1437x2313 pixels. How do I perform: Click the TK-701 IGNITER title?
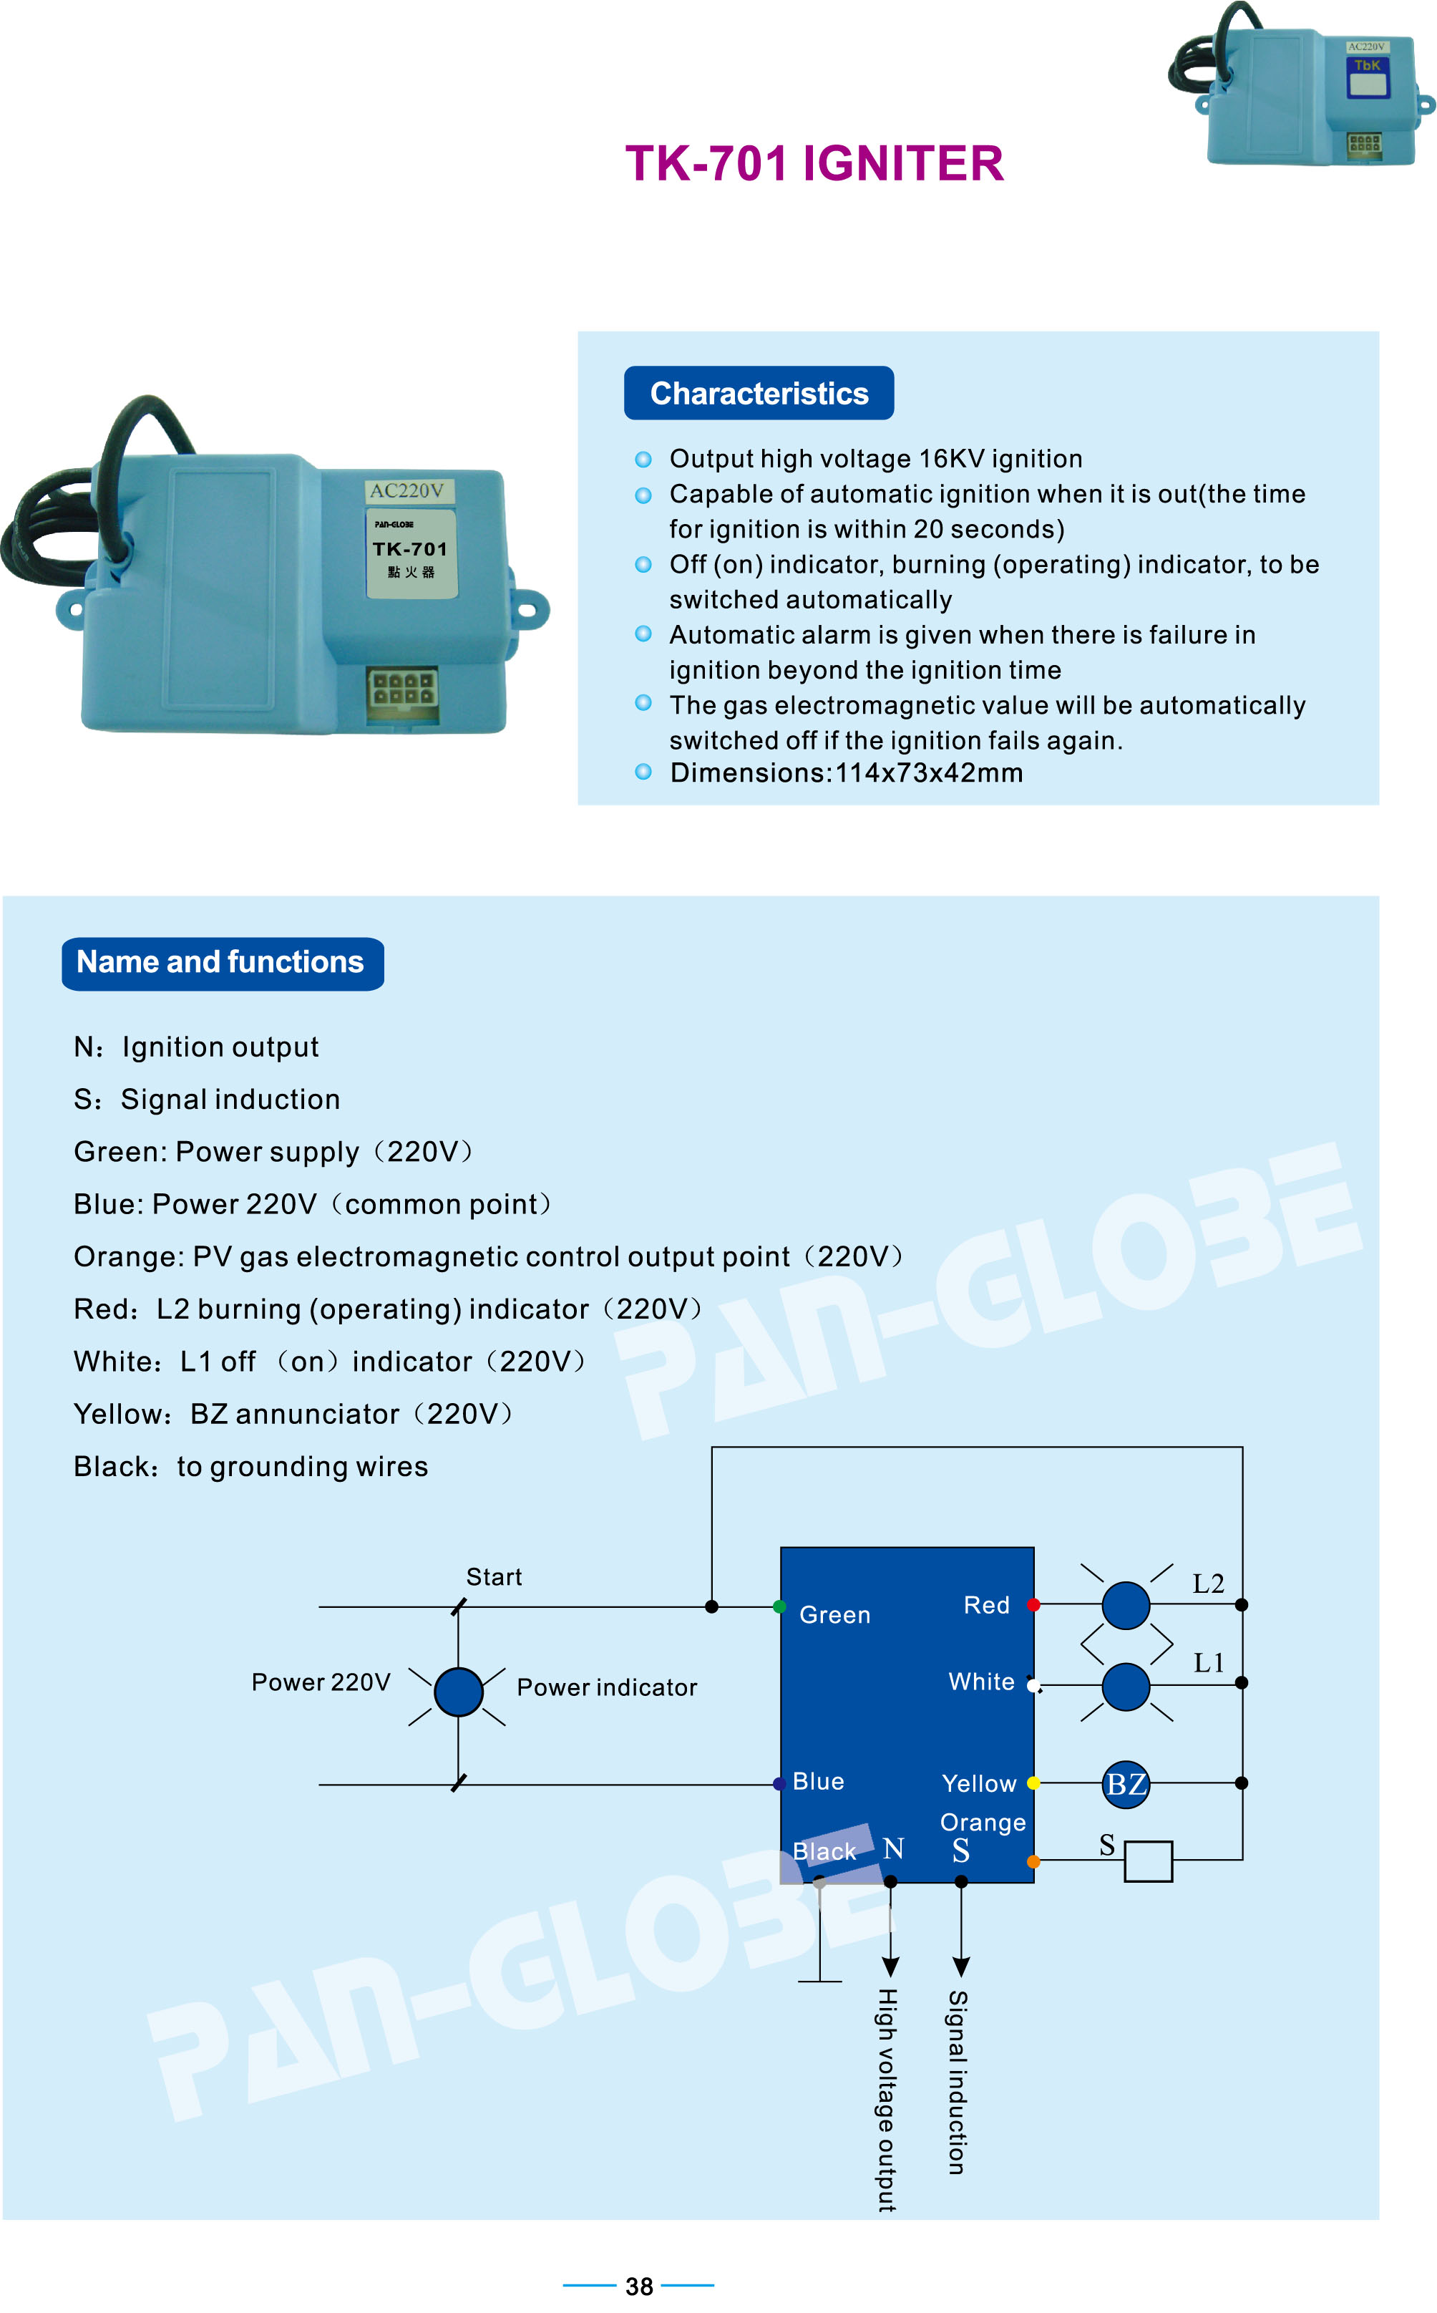(x=814, y=163)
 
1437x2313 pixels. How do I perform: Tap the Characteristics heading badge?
(x=759, y=392)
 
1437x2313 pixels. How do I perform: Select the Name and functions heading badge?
(x=223, y=963)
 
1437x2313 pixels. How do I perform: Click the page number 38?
(x=638, y=2285)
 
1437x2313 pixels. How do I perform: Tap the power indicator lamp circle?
(x=458, y=1692)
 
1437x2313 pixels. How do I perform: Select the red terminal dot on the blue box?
(x=1033, y=1605)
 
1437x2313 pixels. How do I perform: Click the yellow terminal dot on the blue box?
(x=1033, y=1783)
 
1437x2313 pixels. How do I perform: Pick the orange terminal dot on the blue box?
(x=1033, y=1861)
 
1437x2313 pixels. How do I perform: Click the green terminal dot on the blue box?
(x=779, y=1606)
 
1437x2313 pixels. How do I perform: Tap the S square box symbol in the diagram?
(x=1148, y=1861)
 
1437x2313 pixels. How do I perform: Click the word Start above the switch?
(x=495, y=1577)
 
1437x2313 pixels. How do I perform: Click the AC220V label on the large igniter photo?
(x=406, y=490)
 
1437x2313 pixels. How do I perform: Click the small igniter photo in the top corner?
(x=1301, y=84)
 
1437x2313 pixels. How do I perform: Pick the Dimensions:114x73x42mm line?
(x=846, y=773)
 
